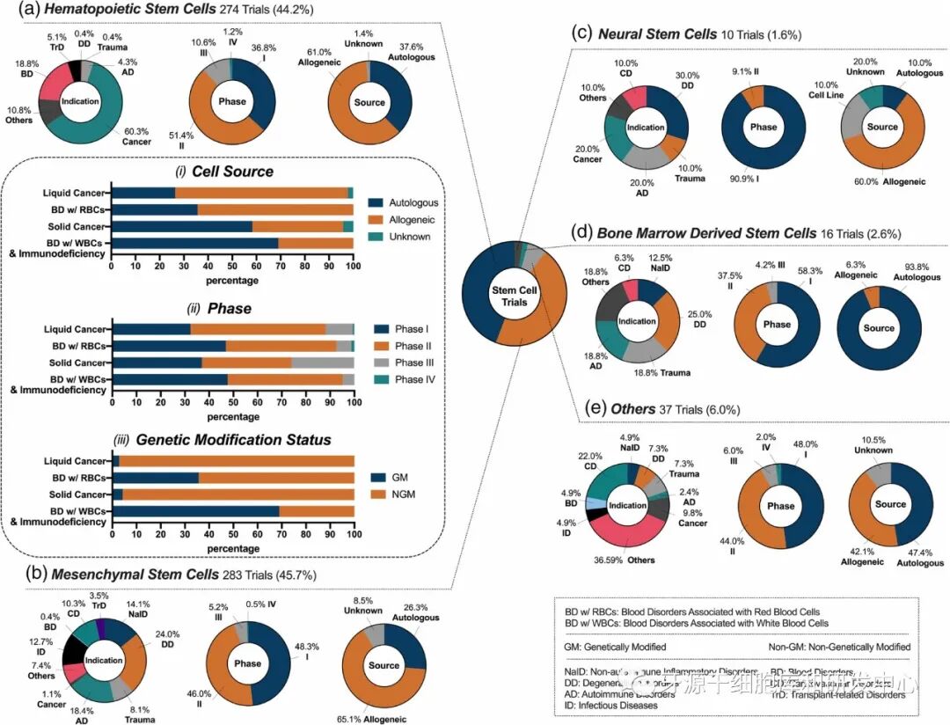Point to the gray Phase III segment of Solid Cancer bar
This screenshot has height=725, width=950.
click(x=322, y=362)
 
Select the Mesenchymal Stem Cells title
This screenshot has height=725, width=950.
click(x=135, y=575)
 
